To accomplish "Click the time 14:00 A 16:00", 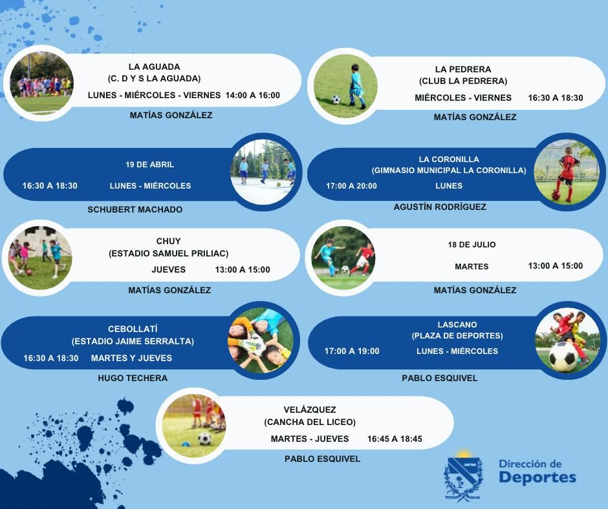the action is [x=252, y=96].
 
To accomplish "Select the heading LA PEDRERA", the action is [x=463, y=69].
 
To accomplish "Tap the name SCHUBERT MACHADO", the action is [x=135, y=209].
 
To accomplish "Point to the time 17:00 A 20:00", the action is [x=351, y=186].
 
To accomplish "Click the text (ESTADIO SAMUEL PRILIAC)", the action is [x=168, y=253].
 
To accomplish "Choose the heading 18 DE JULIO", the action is [x=472, y=245].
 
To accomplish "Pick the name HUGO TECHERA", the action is [x=133, y=378].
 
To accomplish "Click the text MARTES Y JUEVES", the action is [x=131, y=358].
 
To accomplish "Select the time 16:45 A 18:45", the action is [x=395, y=439].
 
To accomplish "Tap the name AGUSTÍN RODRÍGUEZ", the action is [x=440, y=207].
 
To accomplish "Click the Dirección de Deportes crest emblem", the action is [x=463, y=475].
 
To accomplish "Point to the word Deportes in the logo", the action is [x=537, y=477].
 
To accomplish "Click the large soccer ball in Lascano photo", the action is [x=563, y=357].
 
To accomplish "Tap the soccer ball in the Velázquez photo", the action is [x=205, y=439].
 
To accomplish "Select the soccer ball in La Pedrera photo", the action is [x=336, y=99].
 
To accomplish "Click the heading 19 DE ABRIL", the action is [x=149, y=165].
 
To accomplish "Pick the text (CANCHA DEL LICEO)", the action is [x=310, y=422].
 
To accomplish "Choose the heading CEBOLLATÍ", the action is [x=133, y=329].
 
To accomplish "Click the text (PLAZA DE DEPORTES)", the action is [x=457, y=335].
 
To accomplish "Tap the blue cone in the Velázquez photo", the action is [x=186, y=444].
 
